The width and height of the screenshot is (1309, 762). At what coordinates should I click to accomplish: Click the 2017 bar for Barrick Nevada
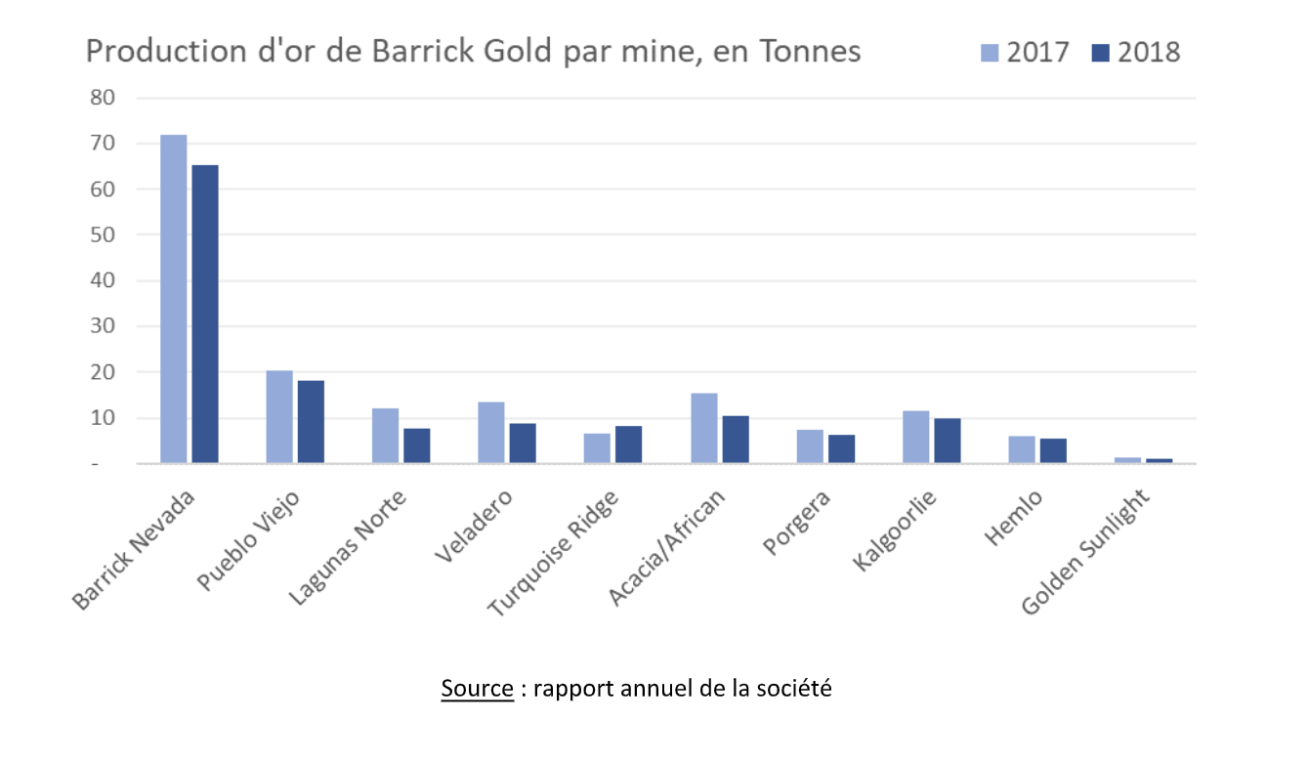click(174, 298)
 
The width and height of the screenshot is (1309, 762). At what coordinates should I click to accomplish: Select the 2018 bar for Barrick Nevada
click(205, 314)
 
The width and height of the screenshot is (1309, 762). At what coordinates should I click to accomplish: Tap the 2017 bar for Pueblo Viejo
click(279, 417)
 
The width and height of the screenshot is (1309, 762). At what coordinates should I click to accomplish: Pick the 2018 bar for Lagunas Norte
click(417, 445)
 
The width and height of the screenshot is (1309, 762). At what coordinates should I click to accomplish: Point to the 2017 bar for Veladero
click(491, 433)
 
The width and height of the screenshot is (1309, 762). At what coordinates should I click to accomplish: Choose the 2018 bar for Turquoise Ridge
click(629, 444)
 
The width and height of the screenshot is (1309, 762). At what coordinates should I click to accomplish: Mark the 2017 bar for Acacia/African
click(703, 428)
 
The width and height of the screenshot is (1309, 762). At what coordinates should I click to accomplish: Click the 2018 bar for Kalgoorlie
click(948, 441)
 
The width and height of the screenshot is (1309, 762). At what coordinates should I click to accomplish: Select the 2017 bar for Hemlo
click(1022, 449)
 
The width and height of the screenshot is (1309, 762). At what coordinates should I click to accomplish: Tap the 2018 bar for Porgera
click(841, 448)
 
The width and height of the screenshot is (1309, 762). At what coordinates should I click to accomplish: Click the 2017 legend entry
click(1026, 52)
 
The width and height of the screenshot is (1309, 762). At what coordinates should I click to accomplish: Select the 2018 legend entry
click(1136, 52)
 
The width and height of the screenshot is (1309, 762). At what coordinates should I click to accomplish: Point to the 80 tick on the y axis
click(103, 98)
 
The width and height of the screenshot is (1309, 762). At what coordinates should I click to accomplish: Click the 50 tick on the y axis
click(103, 235)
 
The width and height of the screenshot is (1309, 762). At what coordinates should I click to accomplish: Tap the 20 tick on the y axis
click(103, 372)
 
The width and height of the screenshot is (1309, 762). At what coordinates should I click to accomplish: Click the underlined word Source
click(477, 688)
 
